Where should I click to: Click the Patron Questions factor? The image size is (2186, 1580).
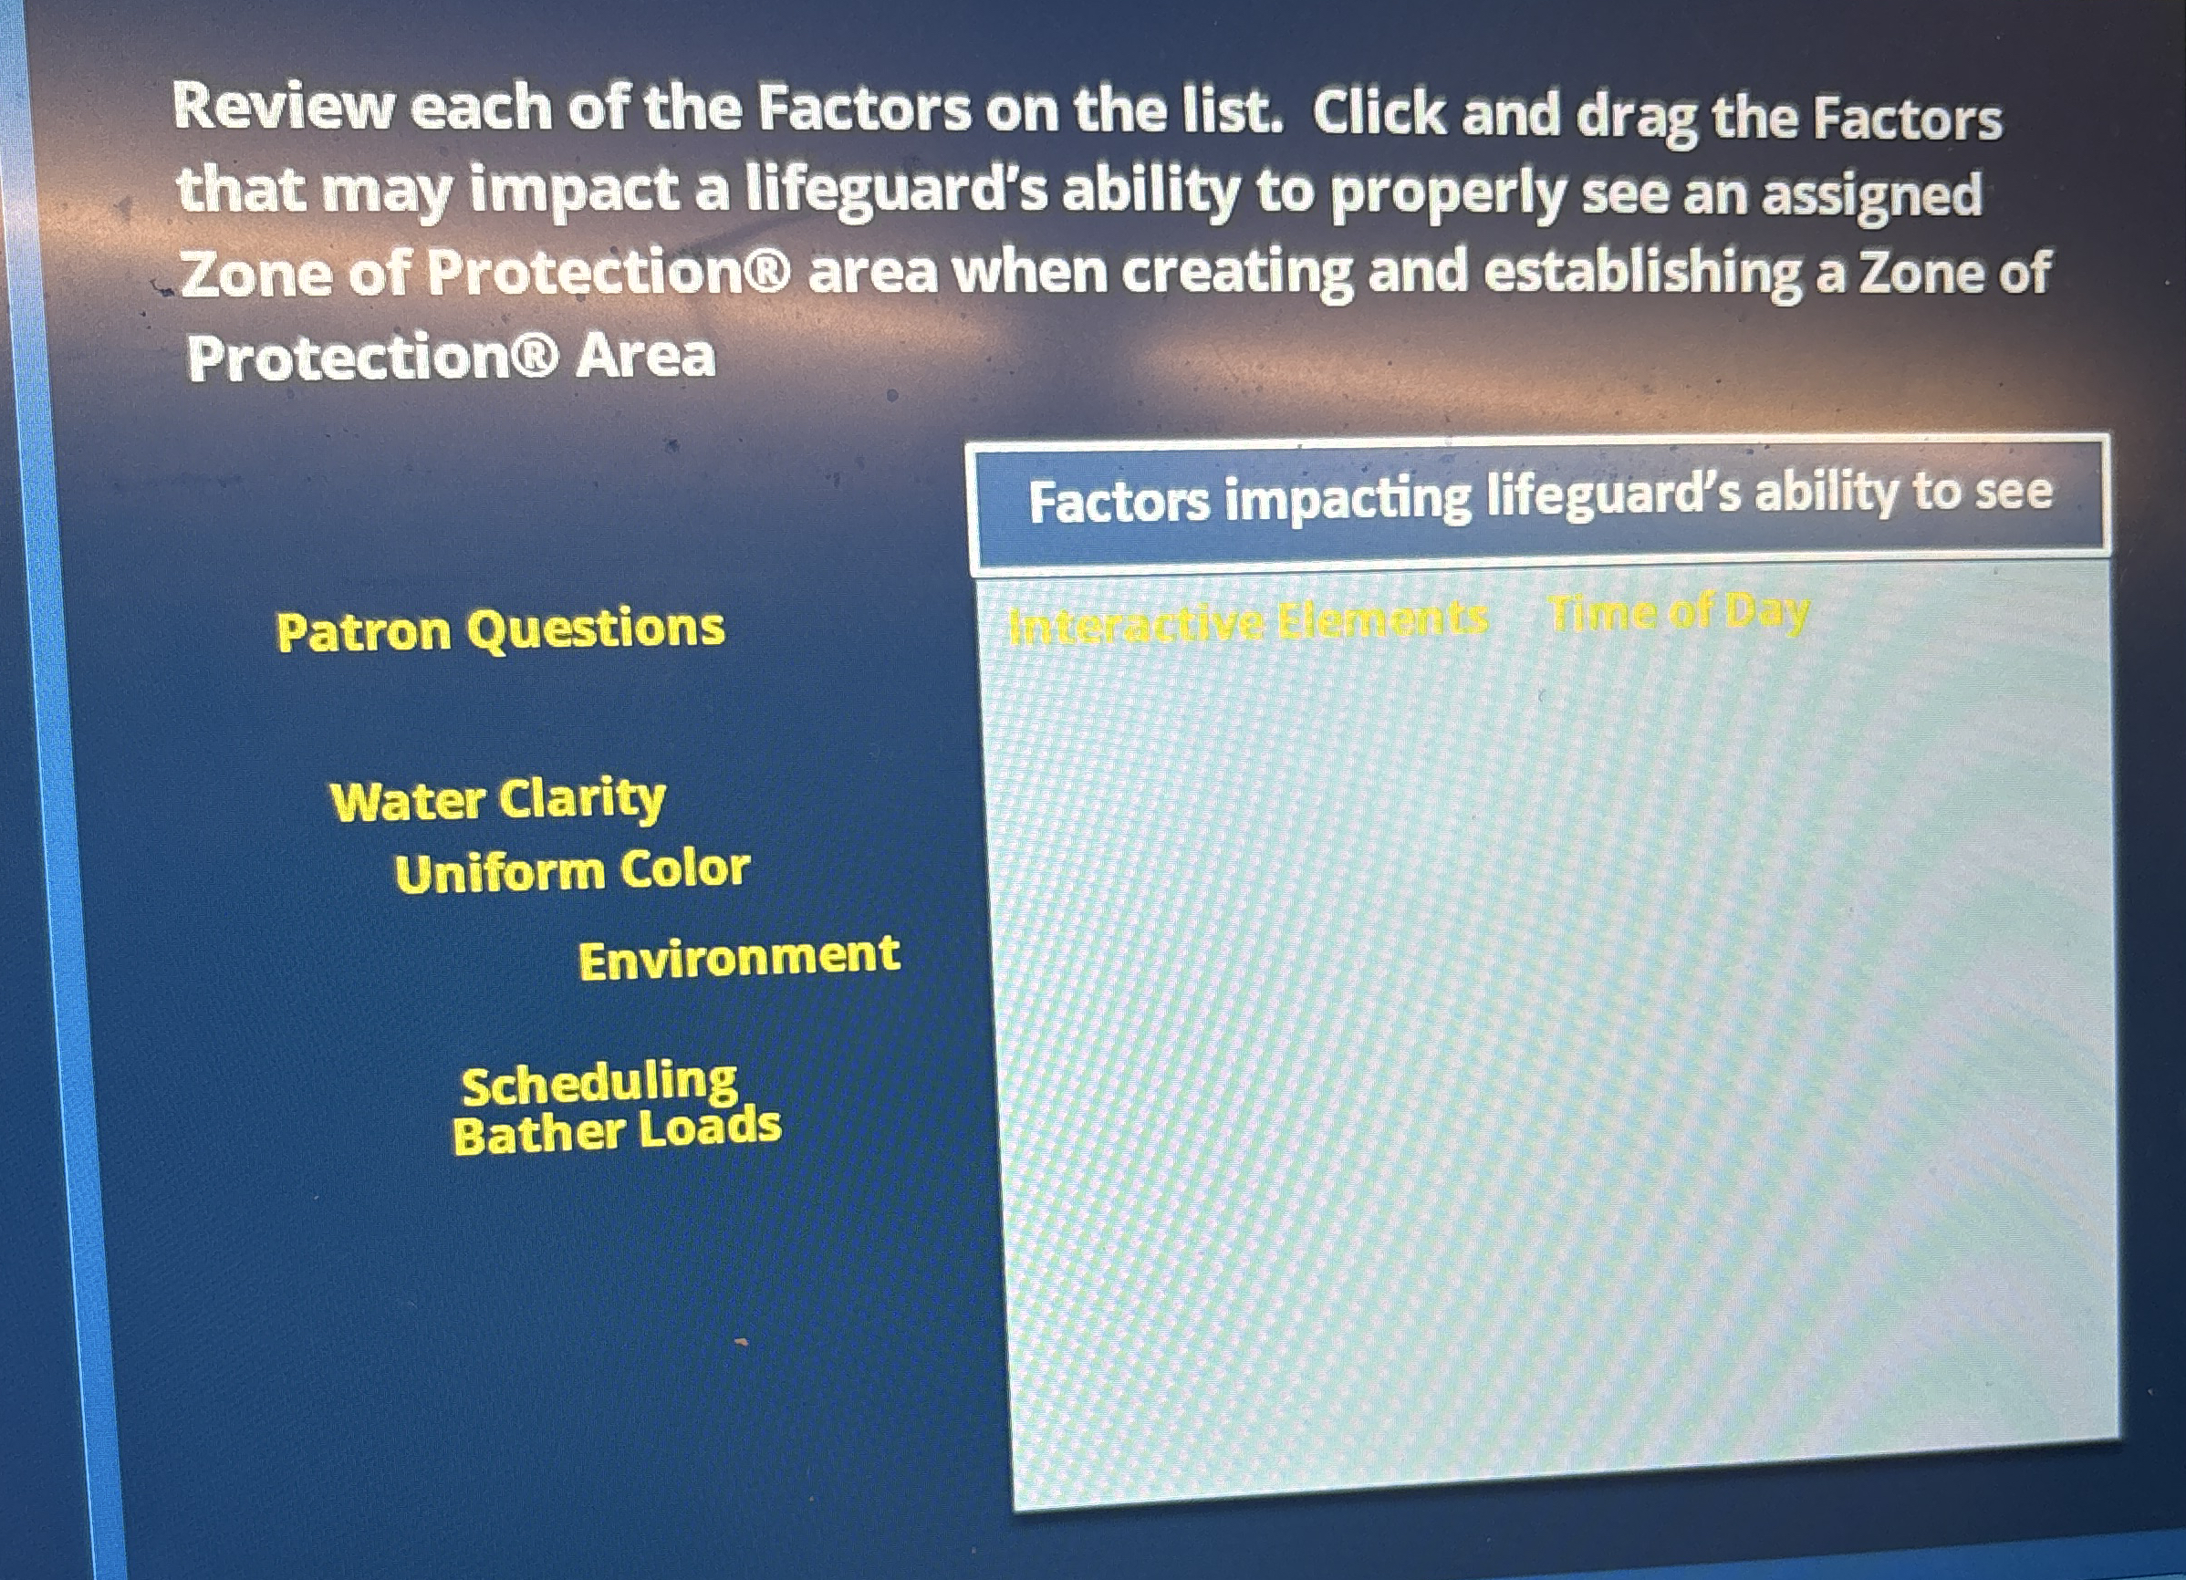499,629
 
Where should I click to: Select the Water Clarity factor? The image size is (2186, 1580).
497,799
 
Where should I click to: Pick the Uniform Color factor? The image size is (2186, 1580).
571,870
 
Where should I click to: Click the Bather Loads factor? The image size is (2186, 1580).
616,1131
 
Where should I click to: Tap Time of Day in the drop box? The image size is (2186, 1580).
1678,612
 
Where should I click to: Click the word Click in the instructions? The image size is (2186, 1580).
1379,113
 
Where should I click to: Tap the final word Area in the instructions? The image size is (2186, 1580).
645,357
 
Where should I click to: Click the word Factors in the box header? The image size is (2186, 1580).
1118,503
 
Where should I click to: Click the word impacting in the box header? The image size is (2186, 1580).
1348,498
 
